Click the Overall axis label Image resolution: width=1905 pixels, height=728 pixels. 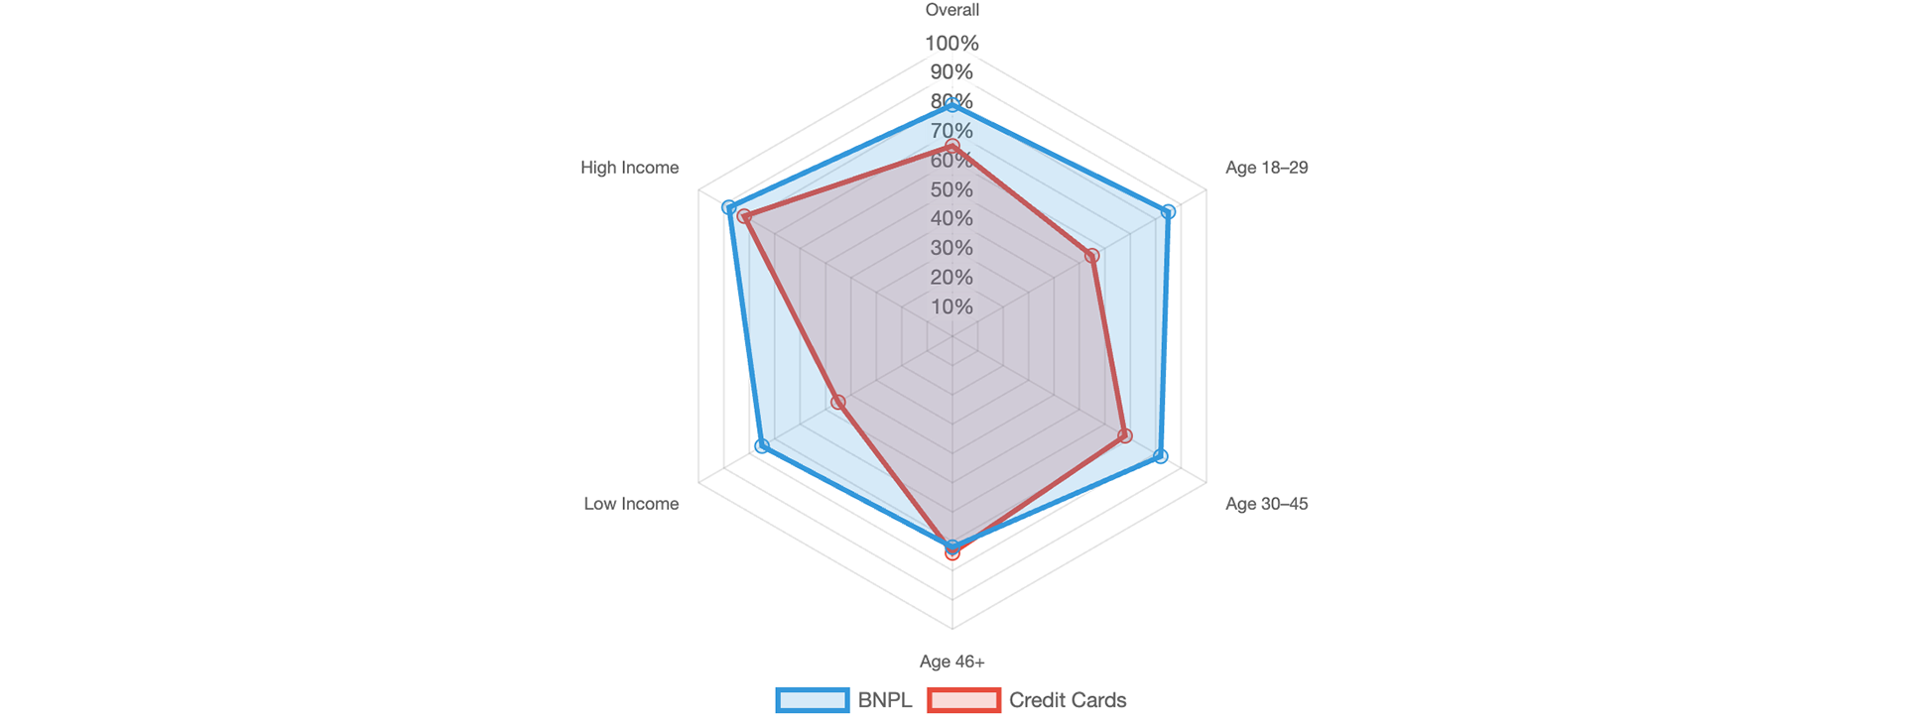click(952, 10)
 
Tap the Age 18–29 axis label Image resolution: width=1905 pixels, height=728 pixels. click(1266, 168)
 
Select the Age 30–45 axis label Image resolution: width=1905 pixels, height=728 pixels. click(1266, 504)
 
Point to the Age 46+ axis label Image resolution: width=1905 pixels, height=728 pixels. click(952, 662)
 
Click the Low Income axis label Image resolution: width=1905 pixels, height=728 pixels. click(631, 504)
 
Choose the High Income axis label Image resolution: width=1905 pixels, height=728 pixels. click(630, 168)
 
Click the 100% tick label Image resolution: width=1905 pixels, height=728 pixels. click(952, 43)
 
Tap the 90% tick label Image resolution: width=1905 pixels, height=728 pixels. click(952, 72)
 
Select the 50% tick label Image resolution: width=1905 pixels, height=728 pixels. click(952, 189)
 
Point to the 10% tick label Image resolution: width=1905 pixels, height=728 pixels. click(952, 306)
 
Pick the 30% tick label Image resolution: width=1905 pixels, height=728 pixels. click(952, 248)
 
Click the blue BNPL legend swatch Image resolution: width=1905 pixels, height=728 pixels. click(812, 700)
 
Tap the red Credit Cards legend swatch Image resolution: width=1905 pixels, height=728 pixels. click(962, 700)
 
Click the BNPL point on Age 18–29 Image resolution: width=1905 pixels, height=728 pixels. click(1169, 211)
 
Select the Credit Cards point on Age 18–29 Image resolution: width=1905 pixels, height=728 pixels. click(1092, 256)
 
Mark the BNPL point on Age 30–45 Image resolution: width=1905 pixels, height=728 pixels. click(1162, 456)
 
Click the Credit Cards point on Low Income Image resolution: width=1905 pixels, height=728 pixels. click(836, 402)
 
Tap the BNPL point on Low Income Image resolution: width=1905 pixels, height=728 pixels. click(761, 446)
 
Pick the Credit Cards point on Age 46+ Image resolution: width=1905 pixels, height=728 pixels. click(952, 553)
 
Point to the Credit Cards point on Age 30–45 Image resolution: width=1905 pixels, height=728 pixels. click(1125, 435)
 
